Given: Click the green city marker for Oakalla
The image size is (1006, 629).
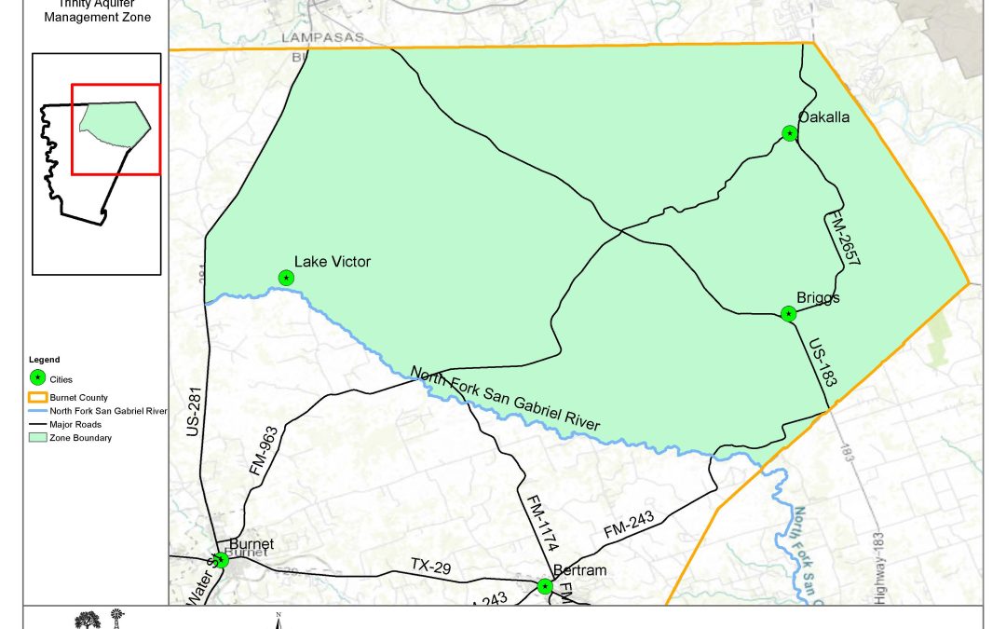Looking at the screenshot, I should [790, 134].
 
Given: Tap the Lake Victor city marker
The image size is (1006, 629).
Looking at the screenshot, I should [286, 278].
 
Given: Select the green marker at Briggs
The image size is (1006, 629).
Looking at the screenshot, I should [789, 314].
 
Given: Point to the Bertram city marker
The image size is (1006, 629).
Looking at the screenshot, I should [544, 586].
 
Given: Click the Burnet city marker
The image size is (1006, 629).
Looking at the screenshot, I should [221, 560].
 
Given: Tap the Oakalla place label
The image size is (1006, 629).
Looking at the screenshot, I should [823, 117].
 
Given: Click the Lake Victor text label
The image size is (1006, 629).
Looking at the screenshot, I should [332, 262].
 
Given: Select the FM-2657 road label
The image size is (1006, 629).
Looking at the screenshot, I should [842, 240].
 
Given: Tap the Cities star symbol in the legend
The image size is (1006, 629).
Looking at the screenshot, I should [38, 378].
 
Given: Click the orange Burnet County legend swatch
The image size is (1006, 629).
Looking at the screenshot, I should [38, 396].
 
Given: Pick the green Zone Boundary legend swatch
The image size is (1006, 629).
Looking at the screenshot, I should [38, 437].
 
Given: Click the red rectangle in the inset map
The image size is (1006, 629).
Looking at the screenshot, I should [116, 129].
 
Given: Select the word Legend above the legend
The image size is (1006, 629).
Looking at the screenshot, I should [44, 360].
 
